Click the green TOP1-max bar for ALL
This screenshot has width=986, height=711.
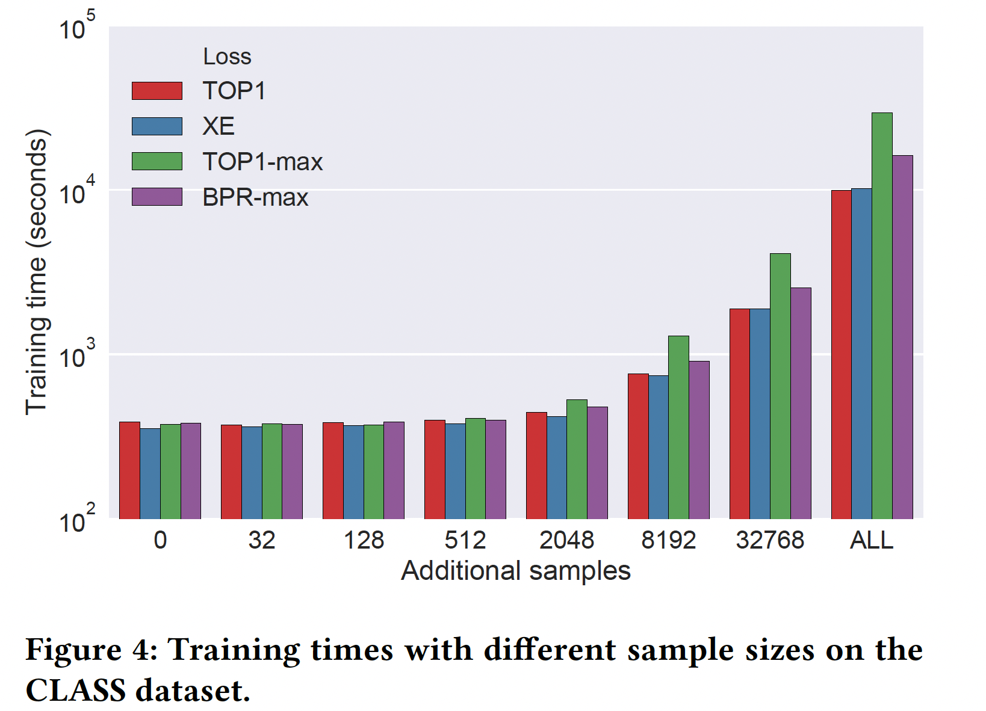coord(882,315)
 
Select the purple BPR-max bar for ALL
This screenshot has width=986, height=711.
coord(902,337)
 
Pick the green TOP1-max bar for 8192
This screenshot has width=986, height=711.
coord(678,427)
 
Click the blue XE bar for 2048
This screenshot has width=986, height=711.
coord(556,467)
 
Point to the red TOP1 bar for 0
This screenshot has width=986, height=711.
coord(129,470)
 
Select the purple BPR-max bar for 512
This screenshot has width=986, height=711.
coord(495,469)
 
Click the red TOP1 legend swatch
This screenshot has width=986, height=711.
coord(157,91)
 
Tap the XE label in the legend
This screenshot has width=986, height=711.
coord(219,126)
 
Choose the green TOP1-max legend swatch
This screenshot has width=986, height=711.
coord(157,161)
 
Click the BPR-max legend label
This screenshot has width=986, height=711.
coord(255,197)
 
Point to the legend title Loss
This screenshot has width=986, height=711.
coord(227,57)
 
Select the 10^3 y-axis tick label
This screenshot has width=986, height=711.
coord(76,356)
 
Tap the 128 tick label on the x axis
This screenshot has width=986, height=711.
coord(364,540)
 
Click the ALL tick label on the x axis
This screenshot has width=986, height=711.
coord(871,540)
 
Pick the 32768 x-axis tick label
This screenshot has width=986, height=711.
coord(770,540)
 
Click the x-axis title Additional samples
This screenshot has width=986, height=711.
coord(515,570)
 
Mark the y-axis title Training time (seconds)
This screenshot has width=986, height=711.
coord(36,272)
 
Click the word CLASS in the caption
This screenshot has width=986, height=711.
coord(76,690)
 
